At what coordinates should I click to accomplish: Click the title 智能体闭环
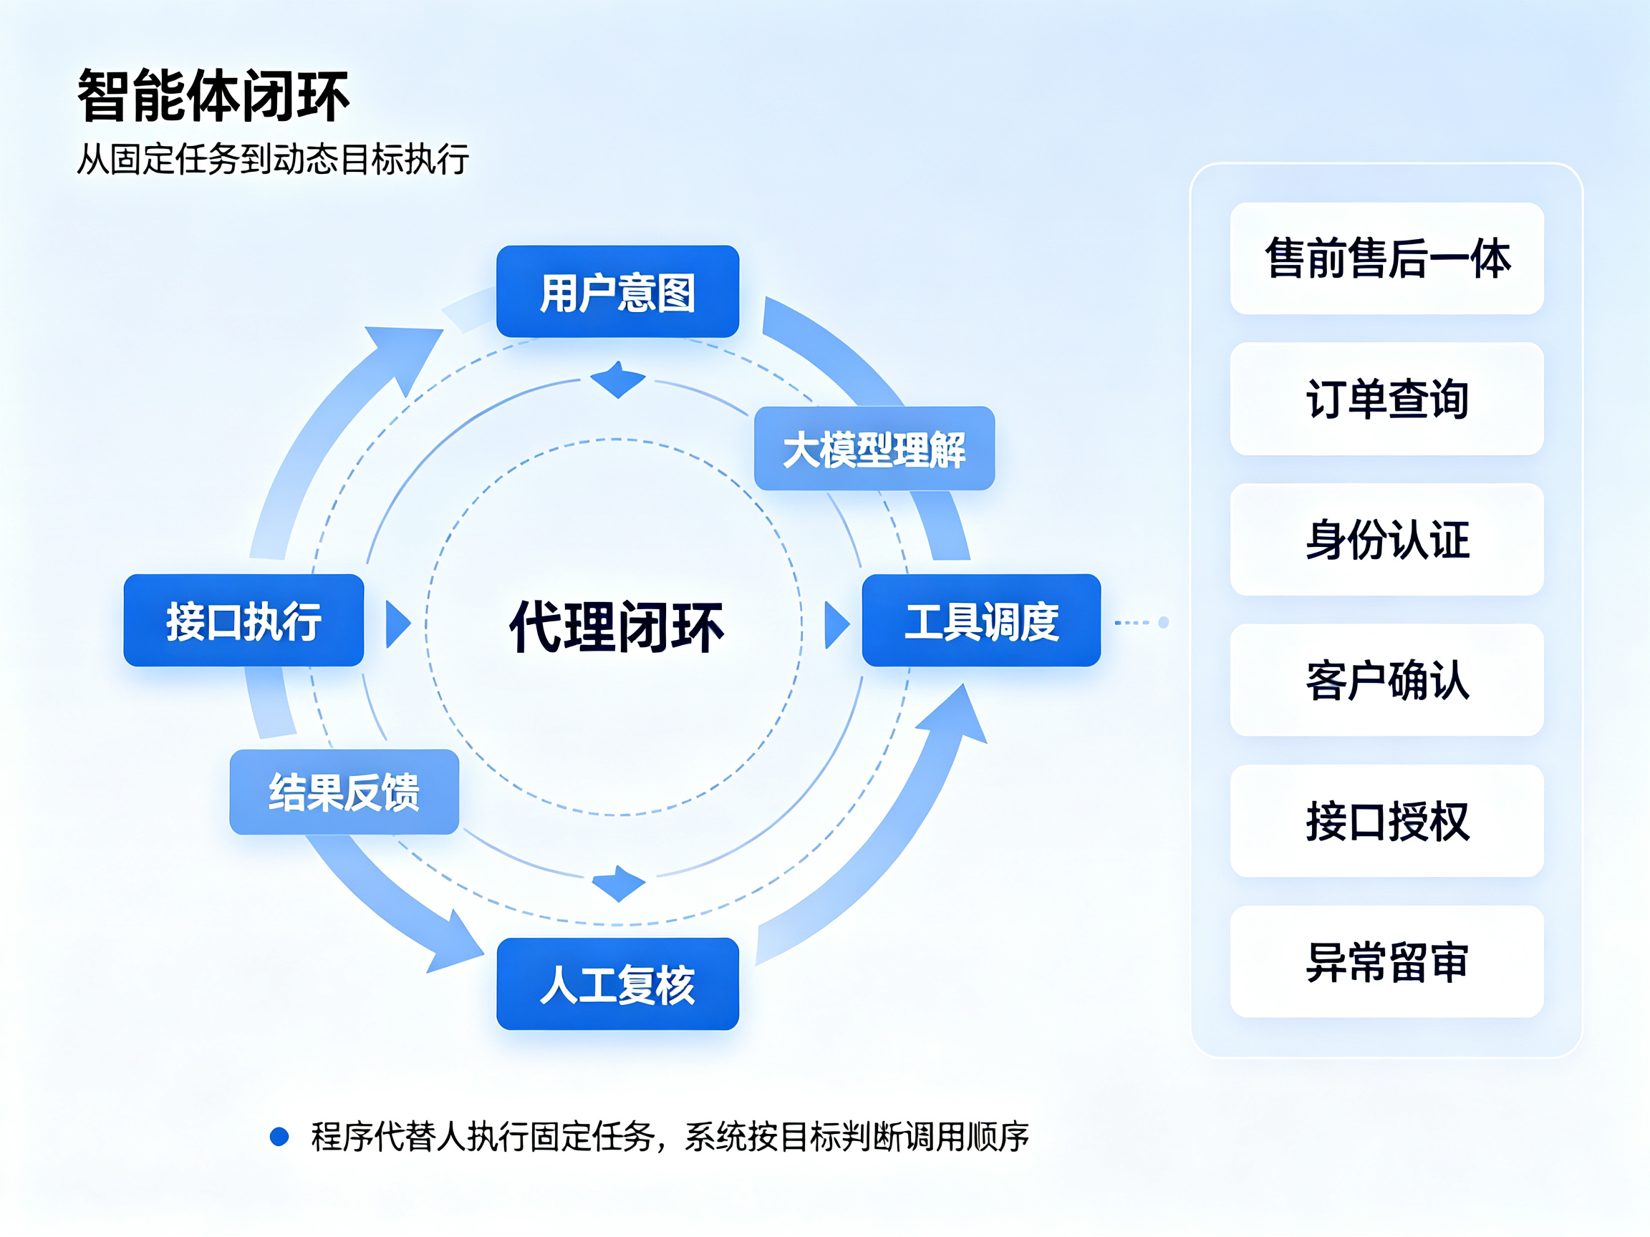[213, 95]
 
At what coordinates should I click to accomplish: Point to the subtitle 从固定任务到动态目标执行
[273, 159]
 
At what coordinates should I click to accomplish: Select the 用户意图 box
[617, 291]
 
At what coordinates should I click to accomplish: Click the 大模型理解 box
[874, 448]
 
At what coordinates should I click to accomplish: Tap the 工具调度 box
[982, 621]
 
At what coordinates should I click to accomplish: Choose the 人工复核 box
[617, 984]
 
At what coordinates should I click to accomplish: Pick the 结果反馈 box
[344, 792]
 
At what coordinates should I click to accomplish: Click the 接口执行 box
[244, 621]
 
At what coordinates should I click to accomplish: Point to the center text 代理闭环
[616, 627]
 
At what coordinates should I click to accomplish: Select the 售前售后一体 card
[1386, 258]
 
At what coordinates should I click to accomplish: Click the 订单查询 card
[1386, 399]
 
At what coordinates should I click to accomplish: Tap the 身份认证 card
[1386, 539]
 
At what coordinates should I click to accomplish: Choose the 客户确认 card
[1386, 680]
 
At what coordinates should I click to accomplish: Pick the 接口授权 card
[1386, 821]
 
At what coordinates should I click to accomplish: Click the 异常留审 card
[1386, 962]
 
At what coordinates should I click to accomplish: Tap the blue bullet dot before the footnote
[279, 1136]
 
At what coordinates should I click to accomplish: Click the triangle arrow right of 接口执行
[397, 624]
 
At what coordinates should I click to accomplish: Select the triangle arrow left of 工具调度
[837, 625]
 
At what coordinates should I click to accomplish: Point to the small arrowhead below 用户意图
[617, 379]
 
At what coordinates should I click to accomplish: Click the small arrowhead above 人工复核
[618, 883]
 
